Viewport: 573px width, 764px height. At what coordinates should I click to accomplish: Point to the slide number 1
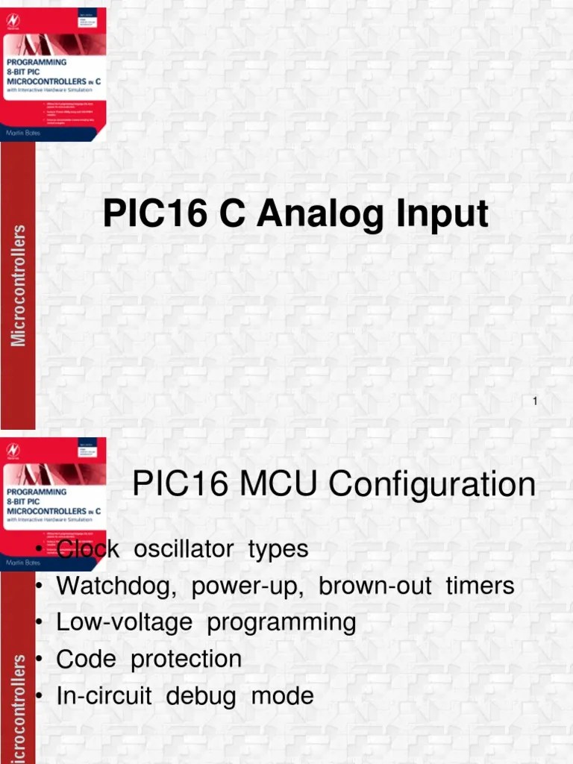point(535,402)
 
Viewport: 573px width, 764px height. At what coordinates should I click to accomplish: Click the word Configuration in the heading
point(432,484)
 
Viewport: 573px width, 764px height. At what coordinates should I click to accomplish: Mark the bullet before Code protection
point(39,660)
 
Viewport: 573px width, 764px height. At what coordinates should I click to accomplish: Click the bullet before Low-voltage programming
point(39,623)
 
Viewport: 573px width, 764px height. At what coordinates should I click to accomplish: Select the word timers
point(480,586)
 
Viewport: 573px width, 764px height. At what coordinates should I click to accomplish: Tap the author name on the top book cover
point(25,132)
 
